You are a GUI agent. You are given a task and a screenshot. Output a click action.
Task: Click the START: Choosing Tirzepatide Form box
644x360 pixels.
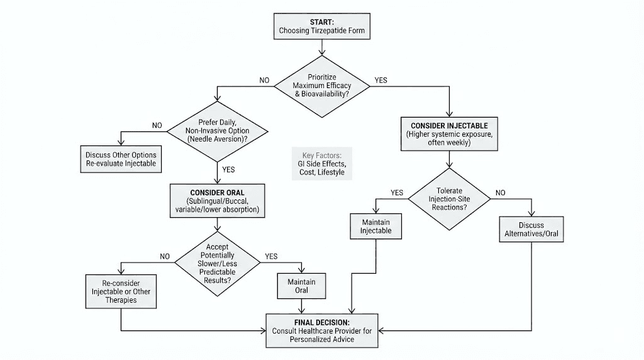point(321,26)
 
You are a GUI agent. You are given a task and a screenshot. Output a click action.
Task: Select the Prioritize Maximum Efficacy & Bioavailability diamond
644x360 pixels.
point(321,86)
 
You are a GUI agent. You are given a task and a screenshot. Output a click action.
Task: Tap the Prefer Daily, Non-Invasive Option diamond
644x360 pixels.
point(216,131)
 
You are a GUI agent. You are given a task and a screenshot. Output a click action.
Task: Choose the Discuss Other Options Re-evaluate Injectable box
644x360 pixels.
point(121,159)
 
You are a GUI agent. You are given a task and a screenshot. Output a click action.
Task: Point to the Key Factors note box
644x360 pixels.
point(322,164)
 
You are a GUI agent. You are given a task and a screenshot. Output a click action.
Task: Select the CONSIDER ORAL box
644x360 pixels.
point(216,201)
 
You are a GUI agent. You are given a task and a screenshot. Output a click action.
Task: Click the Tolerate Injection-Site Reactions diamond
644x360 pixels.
point(449,199)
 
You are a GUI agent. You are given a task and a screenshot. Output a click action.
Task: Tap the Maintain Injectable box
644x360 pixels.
point(376,227)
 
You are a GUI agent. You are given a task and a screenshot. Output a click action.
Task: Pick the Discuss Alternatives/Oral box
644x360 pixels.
point(531,230)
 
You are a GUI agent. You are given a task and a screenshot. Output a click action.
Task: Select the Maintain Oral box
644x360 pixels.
point(301,286)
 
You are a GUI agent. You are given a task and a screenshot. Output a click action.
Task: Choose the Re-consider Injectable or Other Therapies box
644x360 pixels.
point(121,291)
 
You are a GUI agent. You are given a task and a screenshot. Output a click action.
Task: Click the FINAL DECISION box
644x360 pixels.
point(322,330)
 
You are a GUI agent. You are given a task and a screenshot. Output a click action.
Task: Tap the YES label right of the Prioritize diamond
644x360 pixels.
point(381,81)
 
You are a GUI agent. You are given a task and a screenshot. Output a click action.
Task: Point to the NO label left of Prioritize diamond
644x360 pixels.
point(264,81)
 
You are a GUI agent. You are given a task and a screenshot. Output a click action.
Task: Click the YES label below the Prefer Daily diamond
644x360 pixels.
point(229,169)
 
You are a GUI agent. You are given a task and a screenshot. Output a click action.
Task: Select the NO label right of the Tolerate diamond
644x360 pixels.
point(501,193)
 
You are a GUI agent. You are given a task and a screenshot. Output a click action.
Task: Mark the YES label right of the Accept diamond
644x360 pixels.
point(271,256)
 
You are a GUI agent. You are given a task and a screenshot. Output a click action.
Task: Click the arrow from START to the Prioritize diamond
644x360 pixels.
point(321,45)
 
